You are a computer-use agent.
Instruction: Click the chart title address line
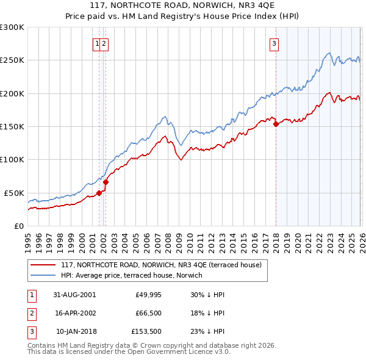tap(183, 5)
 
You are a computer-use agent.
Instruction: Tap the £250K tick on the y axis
tap(12, 60)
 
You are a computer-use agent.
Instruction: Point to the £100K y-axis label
tap(12, 160)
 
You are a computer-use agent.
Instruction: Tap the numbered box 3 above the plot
tap(274, 43)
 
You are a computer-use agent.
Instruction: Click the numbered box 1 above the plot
tap(97, 43)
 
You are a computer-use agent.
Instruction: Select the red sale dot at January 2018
tap(276, 124)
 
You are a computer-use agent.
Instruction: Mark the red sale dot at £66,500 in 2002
tap(106, 181)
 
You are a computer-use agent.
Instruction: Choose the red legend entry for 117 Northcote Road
tap(161, 265)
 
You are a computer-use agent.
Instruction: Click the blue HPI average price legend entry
tap(134, 275)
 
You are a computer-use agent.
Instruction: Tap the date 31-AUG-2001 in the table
tap(74, 294)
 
